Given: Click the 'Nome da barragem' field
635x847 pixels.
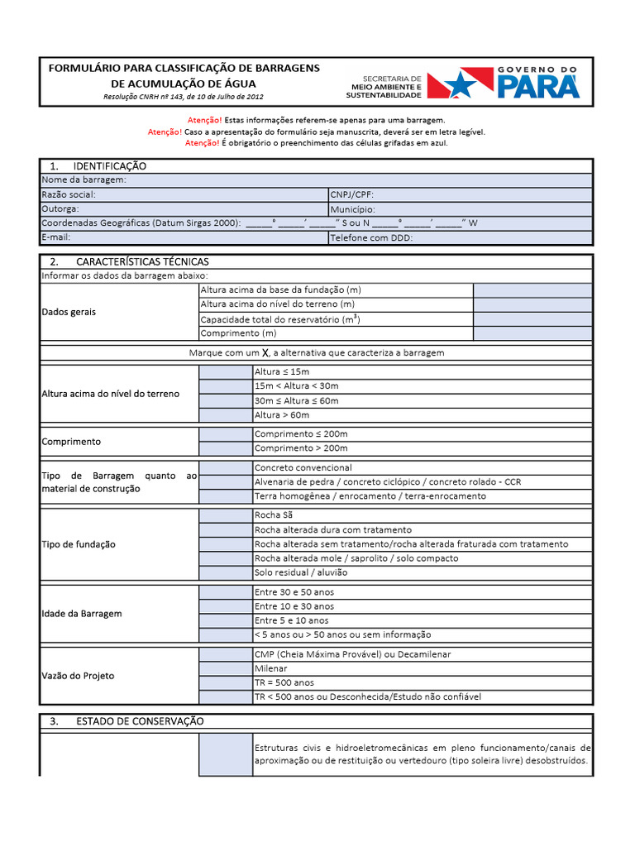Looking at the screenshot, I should click(x=356, y=180).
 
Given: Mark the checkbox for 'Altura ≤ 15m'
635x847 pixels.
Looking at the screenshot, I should click(x=226, y=372).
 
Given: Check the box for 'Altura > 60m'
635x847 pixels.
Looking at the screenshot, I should click(x=226, y=414).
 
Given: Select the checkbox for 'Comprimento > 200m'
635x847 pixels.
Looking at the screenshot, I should click(x=226, y=448).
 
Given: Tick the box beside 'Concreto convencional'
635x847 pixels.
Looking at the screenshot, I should click(x=226, y=468).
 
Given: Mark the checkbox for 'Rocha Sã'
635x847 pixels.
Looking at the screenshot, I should click(x=226, y=515).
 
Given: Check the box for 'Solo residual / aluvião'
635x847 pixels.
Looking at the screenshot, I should click(x=226, y=572).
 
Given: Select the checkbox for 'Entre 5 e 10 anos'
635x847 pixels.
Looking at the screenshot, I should click(x=226, y=620).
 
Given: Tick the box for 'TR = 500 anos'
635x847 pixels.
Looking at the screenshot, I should click(x=226, y=683).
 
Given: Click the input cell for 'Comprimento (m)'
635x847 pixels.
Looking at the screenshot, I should click(x=532, y=333).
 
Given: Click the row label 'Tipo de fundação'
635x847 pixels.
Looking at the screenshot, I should click(x=79, y=544).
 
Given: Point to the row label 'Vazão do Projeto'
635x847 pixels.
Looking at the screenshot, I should click(x=78, y=676).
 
